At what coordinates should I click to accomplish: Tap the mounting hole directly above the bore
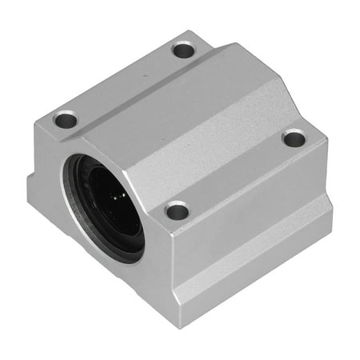(x=66, y=121)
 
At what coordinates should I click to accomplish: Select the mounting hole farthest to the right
(x=294, y=138)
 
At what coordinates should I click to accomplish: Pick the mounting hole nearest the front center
(x=178, y=211)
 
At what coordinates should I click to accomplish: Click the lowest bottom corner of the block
(x=190, y=326)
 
